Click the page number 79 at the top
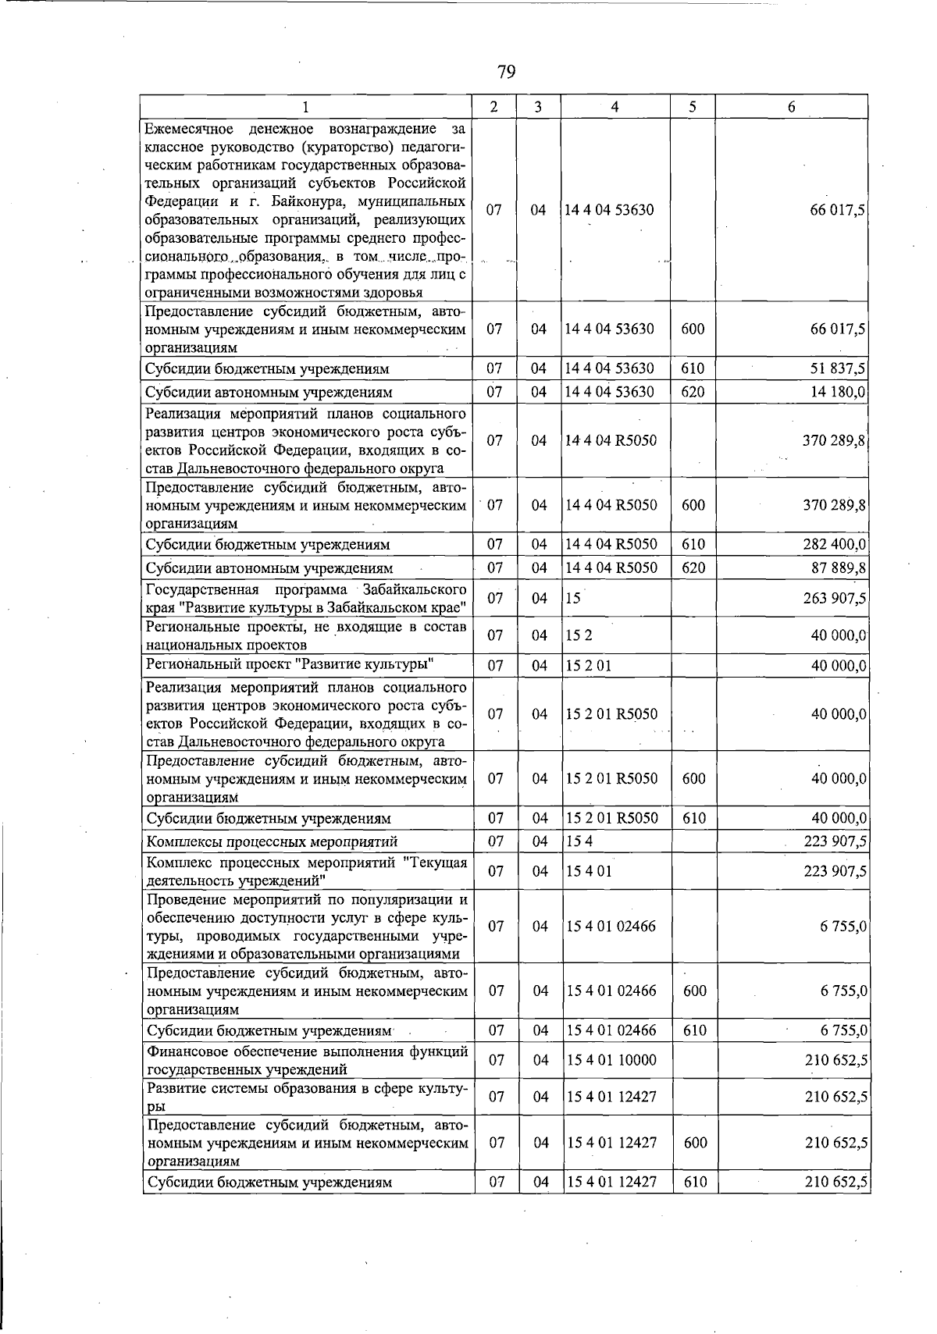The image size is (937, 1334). tap(506, 73)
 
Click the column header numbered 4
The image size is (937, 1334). tap(615, 107)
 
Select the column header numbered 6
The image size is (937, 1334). tap(791, 107)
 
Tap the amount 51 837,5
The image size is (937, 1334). tap(838, 368)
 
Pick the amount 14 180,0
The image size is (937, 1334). tap(839, 392)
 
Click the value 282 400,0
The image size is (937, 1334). tap(835, 544)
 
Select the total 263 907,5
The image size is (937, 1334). tap(835, 599)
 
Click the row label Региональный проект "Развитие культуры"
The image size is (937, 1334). tap(290, 665)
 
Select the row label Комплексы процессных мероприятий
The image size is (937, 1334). tap(272, 841)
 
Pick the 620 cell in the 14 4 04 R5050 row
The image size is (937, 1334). tap(693, 567)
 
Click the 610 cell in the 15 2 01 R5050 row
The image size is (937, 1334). tap(693, 818)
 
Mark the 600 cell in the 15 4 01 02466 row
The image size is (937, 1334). tap(693, 991)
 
